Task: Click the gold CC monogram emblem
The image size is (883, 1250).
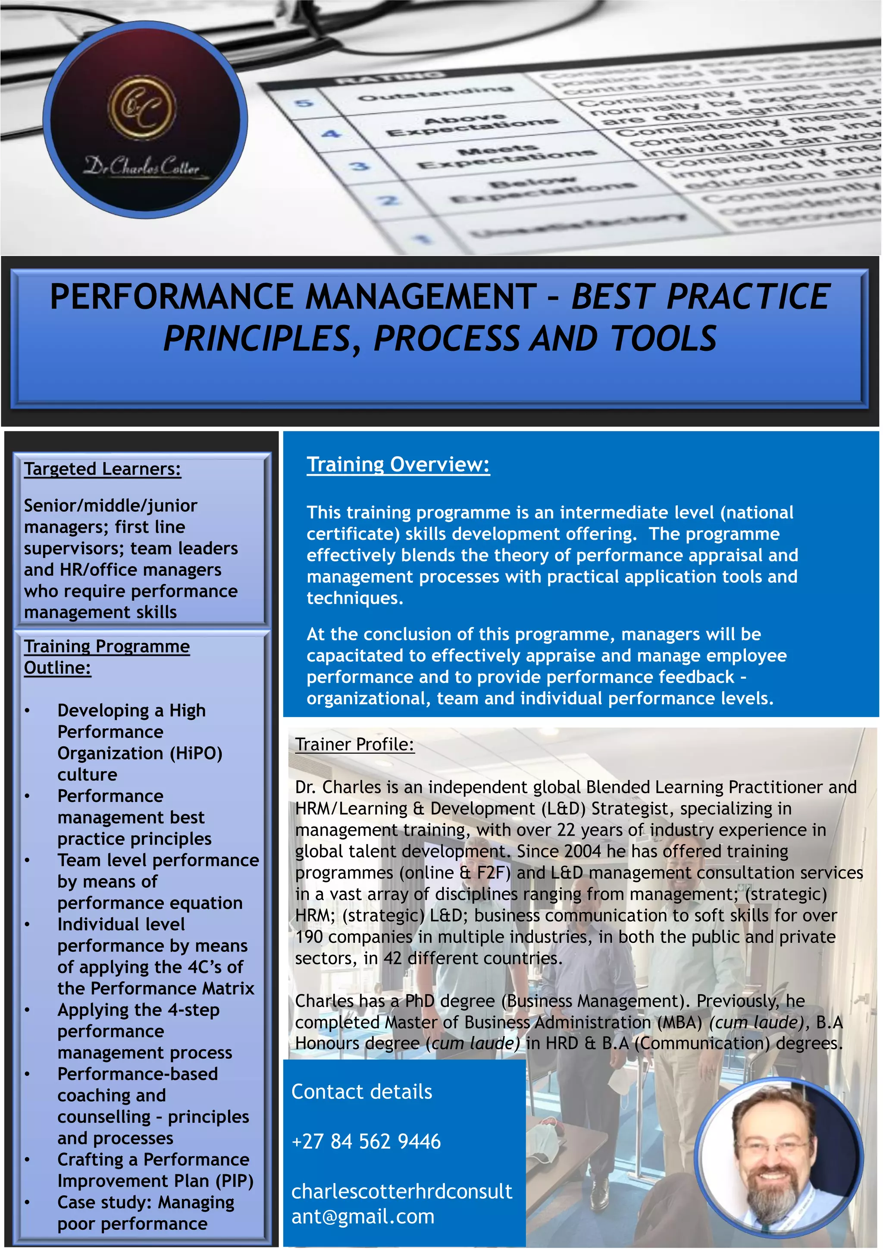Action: click(143, 107)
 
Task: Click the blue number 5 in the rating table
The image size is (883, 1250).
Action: click(305, 102)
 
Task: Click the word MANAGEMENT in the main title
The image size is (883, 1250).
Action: click(421, 297)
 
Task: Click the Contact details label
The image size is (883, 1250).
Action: click(362, 1092)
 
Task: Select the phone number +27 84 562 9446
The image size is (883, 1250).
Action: click(366, 1141)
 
